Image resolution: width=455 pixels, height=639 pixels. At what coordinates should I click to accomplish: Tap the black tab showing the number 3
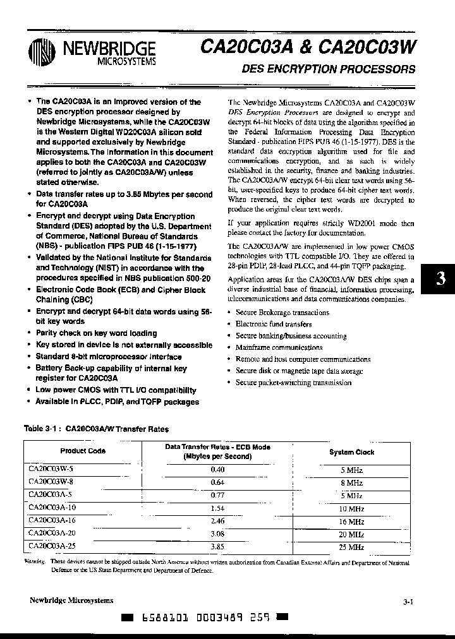pyautogui.click(x=441, y=279)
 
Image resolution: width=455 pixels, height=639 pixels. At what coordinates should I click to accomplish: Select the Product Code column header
pyautogui.click(x=83, y=451)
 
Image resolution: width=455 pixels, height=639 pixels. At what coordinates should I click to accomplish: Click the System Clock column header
pyautogui.click(x=352, y=452)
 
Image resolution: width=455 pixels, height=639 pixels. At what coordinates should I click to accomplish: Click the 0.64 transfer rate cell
pyautogui.click(x=217, y=483)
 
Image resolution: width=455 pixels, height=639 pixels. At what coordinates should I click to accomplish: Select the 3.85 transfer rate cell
pyautogui.click(x=217, y=547)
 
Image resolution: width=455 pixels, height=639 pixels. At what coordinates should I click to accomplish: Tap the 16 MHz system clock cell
pyautogui.click(x=352, y=522)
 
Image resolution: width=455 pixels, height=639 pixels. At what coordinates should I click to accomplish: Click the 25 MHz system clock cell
pyautogui.click(x=352, y=547)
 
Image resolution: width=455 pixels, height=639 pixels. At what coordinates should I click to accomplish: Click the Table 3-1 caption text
pyautogui.click(x=96, y=429)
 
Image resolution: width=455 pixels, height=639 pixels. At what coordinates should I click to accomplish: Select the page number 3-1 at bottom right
pyautogui.click(x=408, y=602)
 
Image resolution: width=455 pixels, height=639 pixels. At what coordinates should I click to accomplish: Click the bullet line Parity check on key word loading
pyautogui.click(x=96, y=333)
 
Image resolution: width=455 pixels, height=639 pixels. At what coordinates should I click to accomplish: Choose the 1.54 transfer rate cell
pyautogui.click(x=217, y=508)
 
